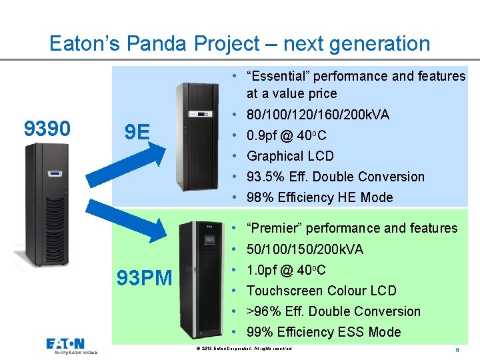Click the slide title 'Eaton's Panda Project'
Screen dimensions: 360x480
tap(239, 44)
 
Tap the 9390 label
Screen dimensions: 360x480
tap(47, 128)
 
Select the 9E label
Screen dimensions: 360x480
tap(137, 132)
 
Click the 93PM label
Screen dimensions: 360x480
tap(145, 277)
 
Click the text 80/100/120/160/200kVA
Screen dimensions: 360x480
tap(318, 115)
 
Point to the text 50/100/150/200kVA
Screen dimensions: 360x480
tap(305, 249)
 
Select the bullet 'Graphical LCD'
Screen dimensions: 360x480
tap(290, 156)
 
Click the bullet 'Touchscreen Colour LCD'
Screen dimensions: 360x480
tap(321, 291)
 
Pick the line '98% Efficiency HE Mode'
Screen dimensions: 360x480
tap(319, 197)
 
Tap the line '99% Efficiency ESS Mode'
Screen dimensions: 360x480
tap(323, 332)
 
